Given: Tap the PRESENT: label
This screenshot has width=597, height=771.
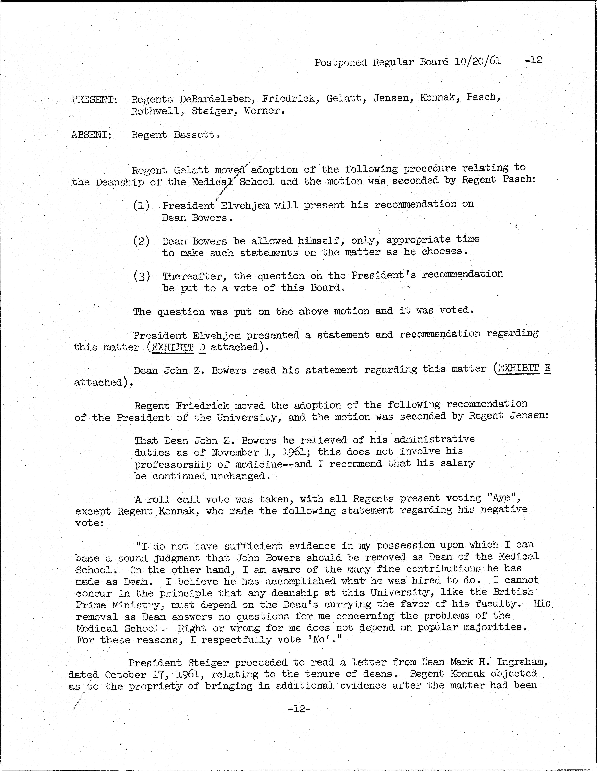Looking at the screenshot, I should [x=94, y=100].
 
